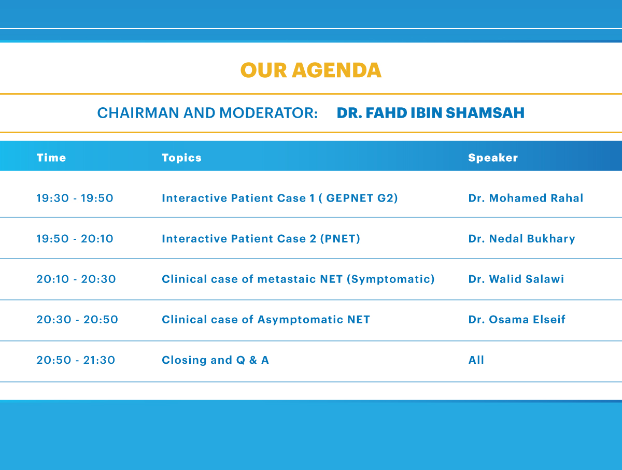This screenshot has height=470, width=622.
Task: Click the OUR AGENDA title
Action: click(311, 70)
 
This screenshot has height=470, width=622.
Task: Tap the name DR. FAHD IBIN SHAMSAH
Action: click(430, 113)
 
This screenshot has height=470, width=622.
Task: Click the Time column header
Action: click(51, 158)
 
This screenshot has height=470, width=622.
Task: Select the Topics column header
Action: click(181, 158)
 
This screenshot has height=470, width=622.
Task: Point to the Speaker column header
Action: click(493, 158)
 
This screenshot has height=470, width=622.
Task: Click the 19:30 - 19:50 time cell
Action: click(75, 198)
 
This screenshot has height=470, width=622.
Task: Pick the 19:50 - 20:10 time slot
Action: click(75, 238)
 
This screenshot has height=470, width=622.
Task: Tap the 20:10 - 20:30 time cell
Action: click(76, 279)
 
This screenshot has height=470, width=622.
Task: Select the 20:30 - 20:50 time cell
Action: click(77, 320)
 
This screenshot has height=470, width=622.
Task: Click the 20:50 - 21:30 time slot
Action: click(76, 360)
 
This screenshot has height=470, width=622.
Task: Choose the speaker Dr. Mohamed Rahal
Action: click(526, 198)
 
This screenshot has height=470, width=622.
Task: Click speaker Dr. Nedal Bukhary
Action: click(521, 238)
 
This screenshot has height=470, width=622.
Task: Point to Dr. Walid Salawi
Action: click(516, 279)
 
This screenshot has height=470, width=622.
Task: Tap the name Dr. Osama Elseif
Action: click(517, 320)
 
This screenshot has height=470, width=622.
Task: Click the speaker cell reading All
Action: click(476, 360)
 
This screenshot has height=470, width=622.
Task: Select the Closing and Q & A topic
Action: click(215, 360)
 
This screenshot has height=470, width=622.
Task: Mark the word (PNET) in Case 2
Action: click(340, 238)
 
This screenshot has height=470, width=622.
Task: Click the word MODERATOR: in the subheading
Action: click(268, 113)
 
